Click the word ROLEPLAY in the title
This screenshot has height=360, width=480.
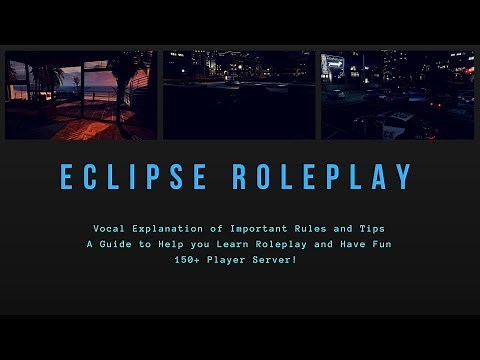[323, 177]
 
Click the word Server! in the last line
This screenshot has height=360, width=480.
[286, 260]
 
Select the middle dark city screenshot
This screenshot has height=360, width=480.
[240, 95]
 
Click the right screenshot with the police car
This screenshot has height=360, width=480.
[398, 95]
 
